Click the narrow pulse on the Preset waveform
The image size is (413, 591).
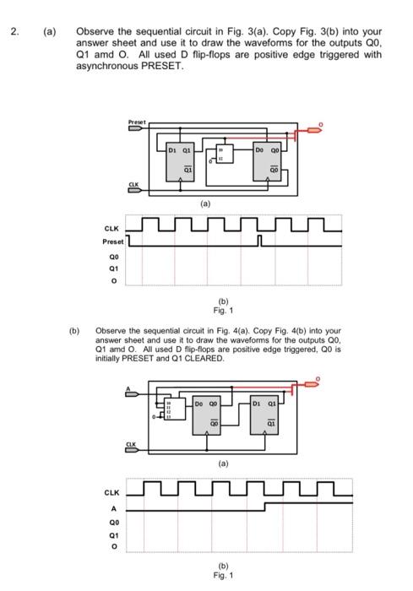(x=262, y=242)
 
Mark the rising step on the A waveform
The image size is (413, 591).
(x=266, y=508)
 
